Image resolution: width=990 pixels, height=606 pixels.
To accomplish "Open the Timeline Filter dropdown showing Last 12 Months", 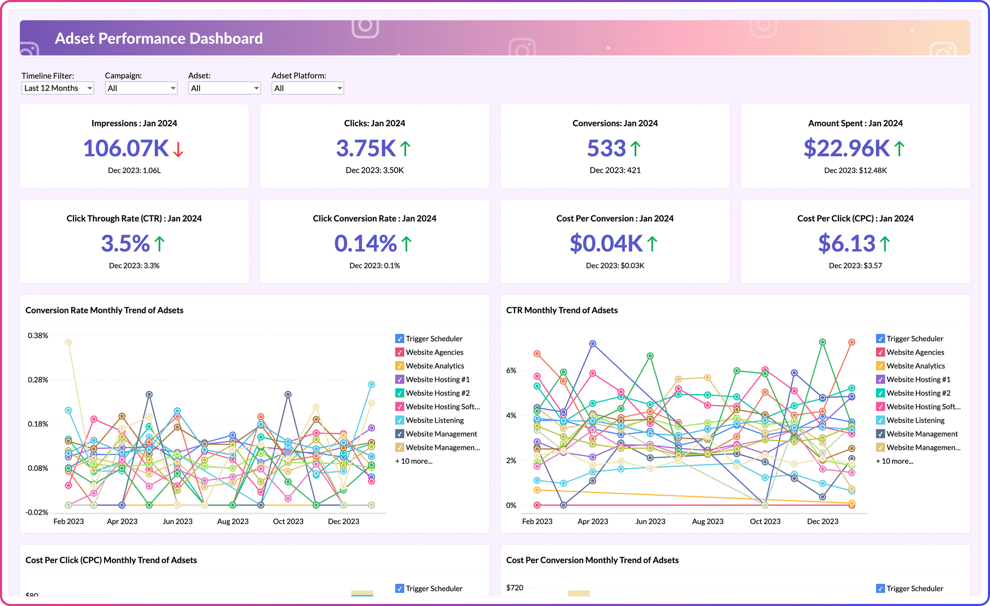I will pyautogui.click(x=57, y=88).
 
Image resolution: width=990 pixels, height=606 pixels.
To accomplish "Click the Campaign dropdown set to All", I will pyautogui.click(x=141, y=88).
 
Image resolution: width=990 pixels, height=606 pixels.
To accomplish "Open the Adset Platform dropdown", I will pyautogui.click(x=307, y=88).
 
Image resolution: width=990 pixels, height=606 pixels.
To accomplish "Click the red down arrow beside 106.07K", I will pyautogui.click(x=178, y=149).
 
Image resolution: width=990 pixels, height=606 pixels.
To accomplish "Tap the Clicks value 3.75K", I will pyautogui.click(x=366, y=148).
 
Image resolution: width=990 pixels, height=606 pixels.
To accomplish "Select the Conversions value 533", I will pyautogui.click(x=606, y=148).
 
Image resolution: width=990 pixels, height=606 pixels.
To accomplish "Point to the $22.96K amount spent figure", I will pyautogui.click(x=846, y=148).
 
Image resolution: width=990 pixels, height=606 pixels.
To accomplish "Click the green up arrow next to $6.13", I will pyautogui.click(x=885, y=244).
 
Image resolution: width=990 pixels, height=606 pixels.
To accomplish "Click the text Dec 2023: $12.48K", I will pyautogui.click(x=855, y=171).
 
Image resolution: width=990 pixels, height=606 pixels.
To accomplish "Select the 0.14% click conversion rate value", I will pyautogui.click(x=366, y=244).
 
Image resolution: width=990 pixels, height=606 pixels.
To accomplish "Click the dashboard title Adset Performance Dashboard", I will pyautogui.click(x=159, y=39).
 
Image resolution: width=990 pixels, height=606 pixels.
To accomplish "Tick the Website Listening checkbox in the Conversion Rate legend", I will pyautogui.click(x=400, y=420).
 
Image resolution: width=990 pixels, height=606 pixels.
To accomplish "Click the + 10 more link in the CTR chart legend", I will pyautogui.click(x=894, y=461).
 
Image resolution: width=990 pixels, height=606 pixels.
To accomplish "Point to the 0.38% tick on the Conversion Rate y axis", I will pyautogui.click(x=38, y=336).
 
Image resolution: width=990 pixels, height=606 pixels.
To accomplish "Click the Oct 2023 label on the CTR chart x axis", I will pyautogui.click(x=765, y=521).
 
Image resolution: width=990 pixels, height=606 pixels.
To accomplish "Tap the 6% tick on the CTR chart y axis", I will pyautogui.click(x=510, y=371).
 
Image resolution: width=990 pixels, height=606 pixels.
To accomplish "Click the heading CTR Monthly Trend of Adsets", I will pyautogui.click(x=562, y=310).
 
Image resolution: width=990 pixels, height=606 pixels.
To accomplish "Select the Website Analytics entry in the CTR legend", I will pyautogui.click(x=915, y=366).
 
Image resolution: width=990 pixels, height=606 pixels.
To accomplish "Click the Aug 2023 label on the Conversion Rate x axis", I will pyautogui.click(x=233, y=521).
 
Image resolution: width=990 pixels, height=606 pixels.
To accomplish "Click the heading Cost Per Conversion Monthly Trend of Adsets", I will pyautogui.click(x=592, y=560).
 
